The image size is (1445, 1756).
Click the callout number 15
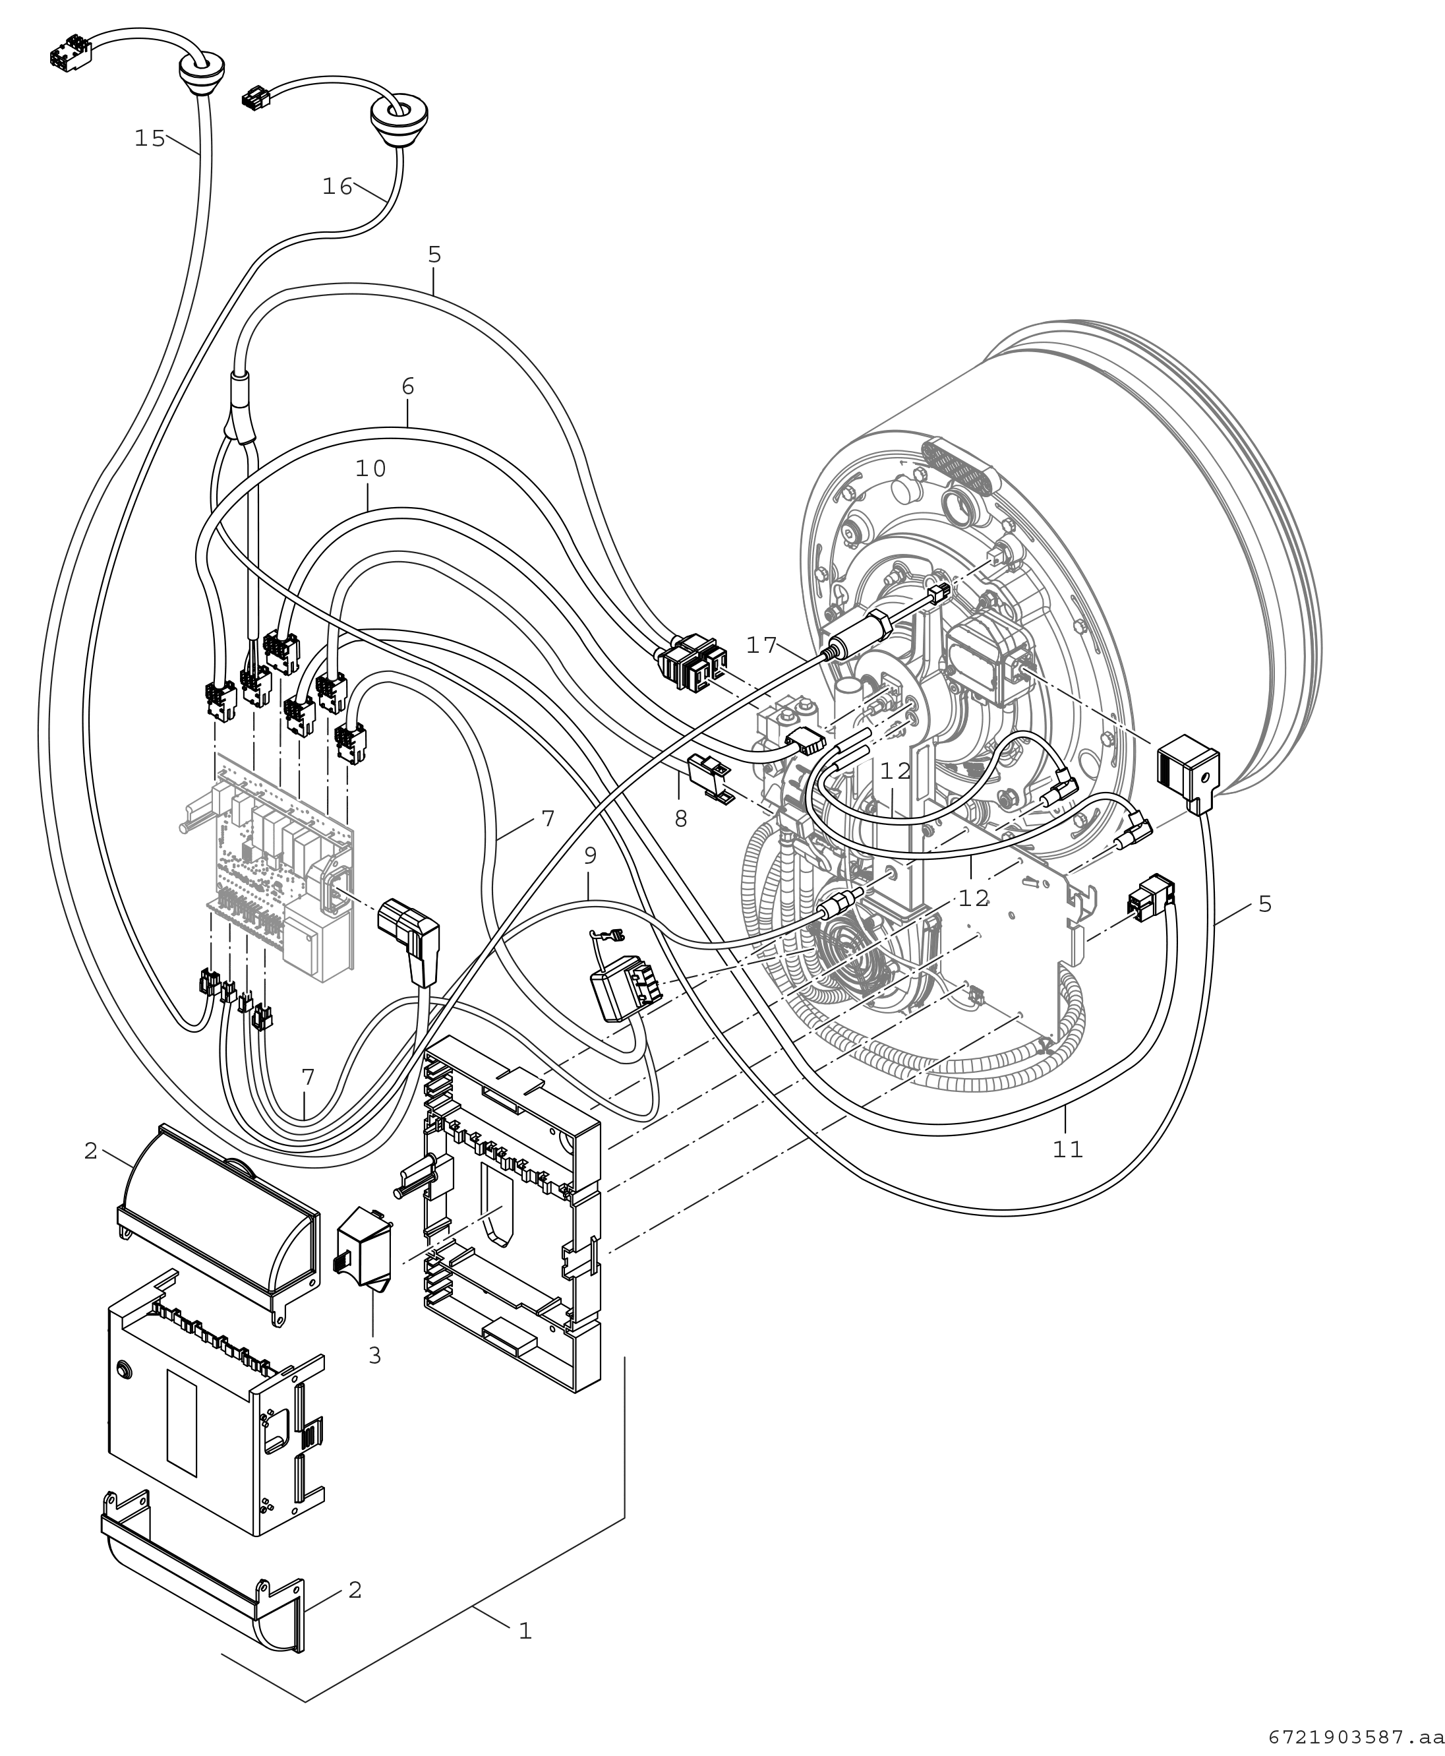point(150,138)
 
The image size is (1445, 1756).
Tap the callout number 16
point(338,187)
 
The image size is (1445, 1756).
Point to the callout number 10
point(371,469)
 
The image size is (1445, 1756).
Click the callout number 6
point(408,386)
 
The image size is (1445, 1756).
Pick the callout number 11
point(1068,1150)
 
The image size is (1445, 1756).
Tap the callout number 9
point(590,855)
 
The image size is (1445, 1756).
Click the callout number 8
point(681,819)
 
